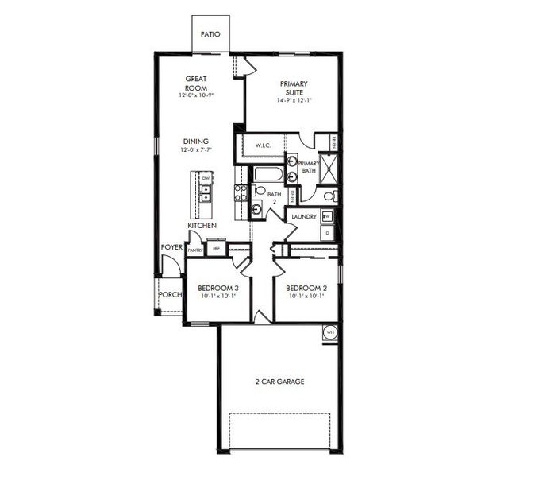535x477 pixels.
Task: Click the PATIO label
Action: tap(210, 34)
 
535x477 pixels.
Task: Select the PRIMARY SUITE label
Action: tap(294, 87)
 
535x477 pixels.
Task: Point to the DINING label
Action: tap(195, 142)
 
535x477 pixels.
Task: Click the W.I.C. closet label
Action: tap(264, 146)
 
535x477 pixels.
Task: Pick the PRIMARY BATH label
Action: tap(309, 167)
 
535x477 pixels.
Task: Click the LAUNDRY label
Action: tap(305, 216)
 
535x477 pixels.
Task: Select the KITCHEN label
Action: tap(202, 227)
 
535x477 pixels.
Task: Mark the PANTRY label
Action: tap(195, 250)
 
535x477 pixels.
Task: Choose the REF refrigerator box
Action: tap(216, 249)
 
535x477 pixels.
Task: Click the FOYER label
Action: tap(171, 247)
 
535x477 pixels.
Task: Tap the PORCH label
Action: tap(169, 294)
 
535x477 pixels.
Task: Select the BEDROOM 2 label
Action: tap(306, 288)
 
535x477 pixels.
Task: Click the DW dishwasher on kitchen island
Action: tap(206, 177)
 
